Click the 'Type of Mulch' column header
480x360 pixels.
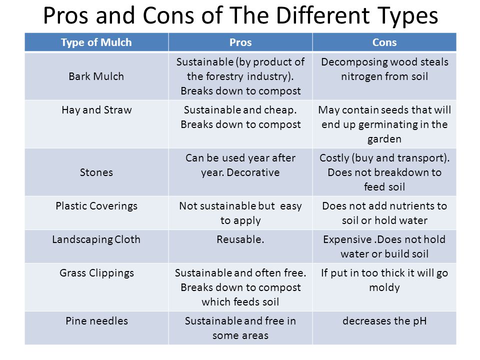pyautogui.click(x=96, y=42)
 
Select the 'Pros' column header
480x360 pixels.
pyautogui.click(x=240, y=42)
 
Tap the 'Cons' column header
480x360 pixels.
pyautogui.click(x=384, y=42)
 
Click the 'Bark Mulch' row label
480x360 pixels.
pyautogui.click(x=96, y=76)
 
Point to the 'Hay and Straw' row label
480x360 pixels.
pyautogui.click(x=96, y=110)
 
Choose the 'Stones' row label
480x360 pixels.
pyautogui.click(x=96, y=172)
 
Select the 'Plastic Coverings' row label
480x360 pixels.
pyautogui.click(x=96, y=206)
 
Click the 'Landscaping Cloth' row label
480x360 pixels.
pyautogui.click(x=96, y=239)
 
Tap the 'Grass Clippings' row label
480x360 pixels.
pyautogui.click(x=96, y=273)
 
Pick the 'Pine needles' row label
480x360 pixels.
pyautogui.click(x=96, y=321)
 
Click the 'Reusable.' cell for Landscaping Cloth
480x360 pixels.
pyautogui.click(x=240, y=239)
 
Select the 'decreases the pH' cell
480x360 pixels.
pyautogui.click(x=384, y=321)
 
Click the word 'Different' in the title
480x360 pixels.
pyautogui.click(x=322, y=15)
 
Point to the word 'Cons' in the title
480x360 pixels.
pyautogui.click(x=168, y=15)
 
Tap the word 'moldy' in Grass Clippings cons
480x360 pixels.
pyautogui.click(x=384, y=288)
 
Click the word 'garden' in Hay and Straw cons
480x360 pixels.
pyautogui.click(x=384, y=139)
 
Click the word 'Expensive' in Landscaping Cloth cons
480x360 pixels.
pyautogui.click(x=347, y=239)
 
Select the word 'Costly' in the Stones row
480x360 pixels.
pyautogui.click(x=334, y=158)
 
